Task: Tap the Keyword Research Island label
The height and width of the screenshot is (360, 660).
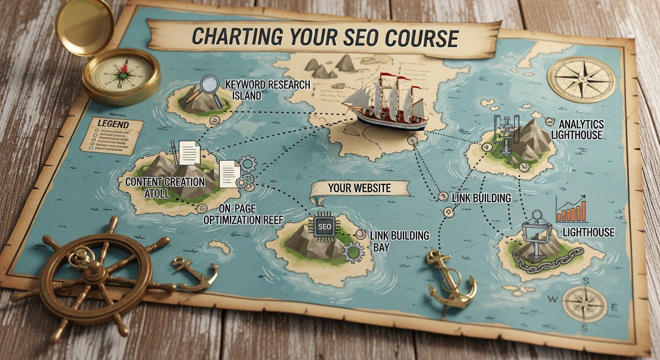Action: [x=268, y=90]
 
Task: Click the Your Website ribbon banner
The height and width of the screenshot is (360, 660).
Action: [x=359, y=189]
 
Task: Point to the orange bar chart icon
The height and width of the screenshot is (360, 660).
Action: [x=571, y=210]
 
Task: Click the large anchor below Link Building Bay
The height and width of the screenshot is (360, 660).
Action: [x=447, y=279]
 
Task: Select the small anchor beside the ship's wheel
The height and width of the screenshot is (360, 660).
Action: [x=197, y=274]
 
